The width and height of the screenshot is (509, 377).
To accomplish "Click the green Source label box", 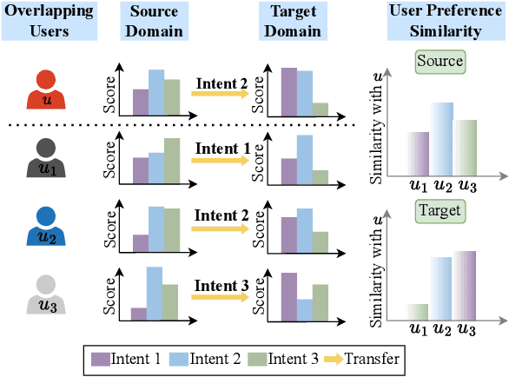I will pyautogui.click(x=440, y=63).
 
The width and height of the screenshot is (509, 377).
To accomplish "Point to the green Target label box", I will pyautogui.click(x=440, y=210).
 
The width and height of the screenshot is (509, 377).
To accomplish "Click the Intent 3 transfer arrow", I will pyautogui.click(x=221, y=298).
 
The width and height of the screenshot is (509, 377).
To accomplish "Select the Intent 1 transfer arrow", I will pyautogui.click(x=221, y=162).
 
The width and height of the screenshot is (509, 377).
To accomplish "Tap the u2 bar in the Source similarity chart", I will pyautogui.click(x=442, y=140).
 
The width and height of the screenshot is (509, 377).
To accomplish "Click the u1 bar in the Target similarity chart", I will pyautogui.click(x=418, y=311).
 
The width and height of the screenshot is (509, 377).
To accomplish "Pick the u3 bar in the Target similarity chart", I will pyautogui.click(x=466, y=285).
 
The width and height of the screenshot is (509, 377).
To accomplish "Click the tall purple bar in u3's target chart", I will pyautogui.click(x=288, y=298).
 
